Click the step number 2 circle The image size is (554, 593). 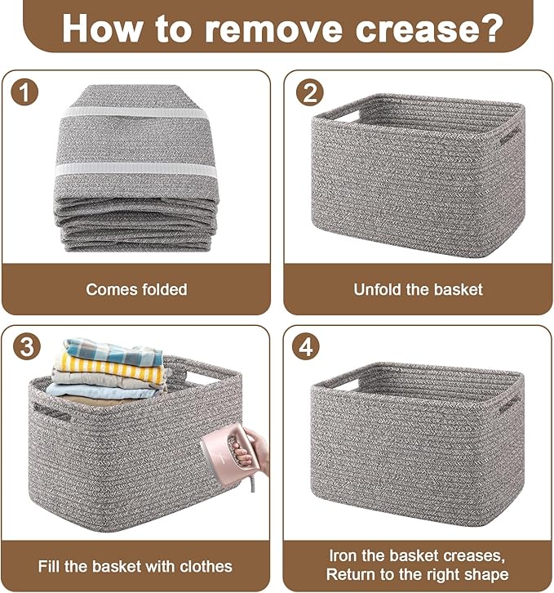[308, 91]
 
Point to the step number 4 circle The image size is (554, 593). [308, 346]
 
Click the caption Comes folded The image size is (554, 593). [136, 289]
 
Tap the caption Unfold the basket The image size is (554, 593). [418, 289]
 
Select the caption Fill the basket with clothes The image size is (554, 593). [135, 565]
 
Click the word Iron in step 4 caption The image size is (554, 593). [342, 556]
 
